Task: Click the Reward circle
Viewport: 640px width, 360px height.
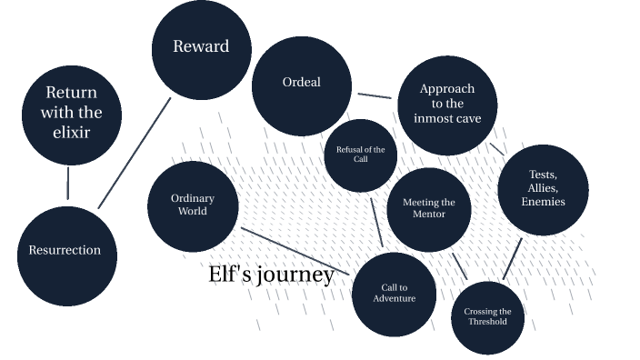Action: (x=201, y=46)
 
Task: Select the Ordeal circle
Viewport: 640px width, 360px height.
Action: (x=301, y=82)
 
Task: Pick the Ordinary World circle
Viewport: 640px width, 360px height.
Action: (x=193, y=206)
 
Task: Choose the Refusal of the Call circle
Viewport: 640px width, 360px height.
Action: (x=361, y=155)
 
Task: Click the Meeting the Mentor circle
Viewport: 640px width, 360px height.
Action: (x=428, y=209)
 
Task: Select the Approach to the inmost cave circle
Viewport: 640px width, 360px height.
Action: (x=447, y=105)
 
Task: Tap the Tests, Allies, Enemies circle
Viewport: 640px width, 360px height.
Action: (x=543, y=189)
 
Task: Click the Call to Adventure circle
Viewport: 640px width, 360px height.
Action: (x=394, y=294)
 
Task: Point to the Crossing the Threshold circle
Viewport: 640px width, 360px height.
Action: (x=488, y=316)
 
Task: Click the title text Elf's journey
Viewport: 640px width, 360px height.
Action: (x=271, y=275)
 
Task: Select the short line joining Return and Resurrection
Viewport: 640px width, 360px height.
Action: (x=68, y=183)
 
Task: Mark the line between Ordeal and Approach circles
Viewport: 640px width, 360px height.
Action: (x=374, y=95)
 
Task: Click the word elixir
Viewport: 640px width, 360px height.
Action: (x=71, y=133)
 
